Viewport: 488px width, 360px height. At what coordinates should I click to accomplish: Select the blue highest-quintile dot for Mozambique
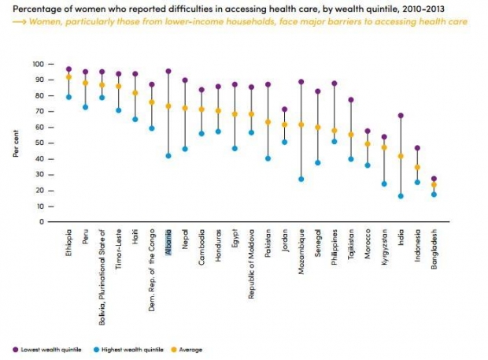301,179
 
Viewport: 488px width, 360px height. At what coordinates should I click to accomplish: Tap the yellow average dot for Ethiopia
69,77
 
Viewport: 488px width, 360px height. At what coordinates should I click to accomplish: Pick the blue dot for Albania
168,155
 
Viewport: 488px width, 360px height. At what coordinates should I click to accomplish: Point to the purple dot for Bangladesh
434,179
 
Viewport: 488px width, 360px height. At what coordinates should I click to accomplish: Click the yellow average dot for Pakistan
268,122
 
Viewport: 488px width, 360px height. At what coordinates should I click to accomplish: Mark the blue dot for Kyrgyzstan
384,184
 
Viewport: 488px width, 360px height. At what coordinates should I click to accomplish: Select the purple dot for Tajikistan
351,100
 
